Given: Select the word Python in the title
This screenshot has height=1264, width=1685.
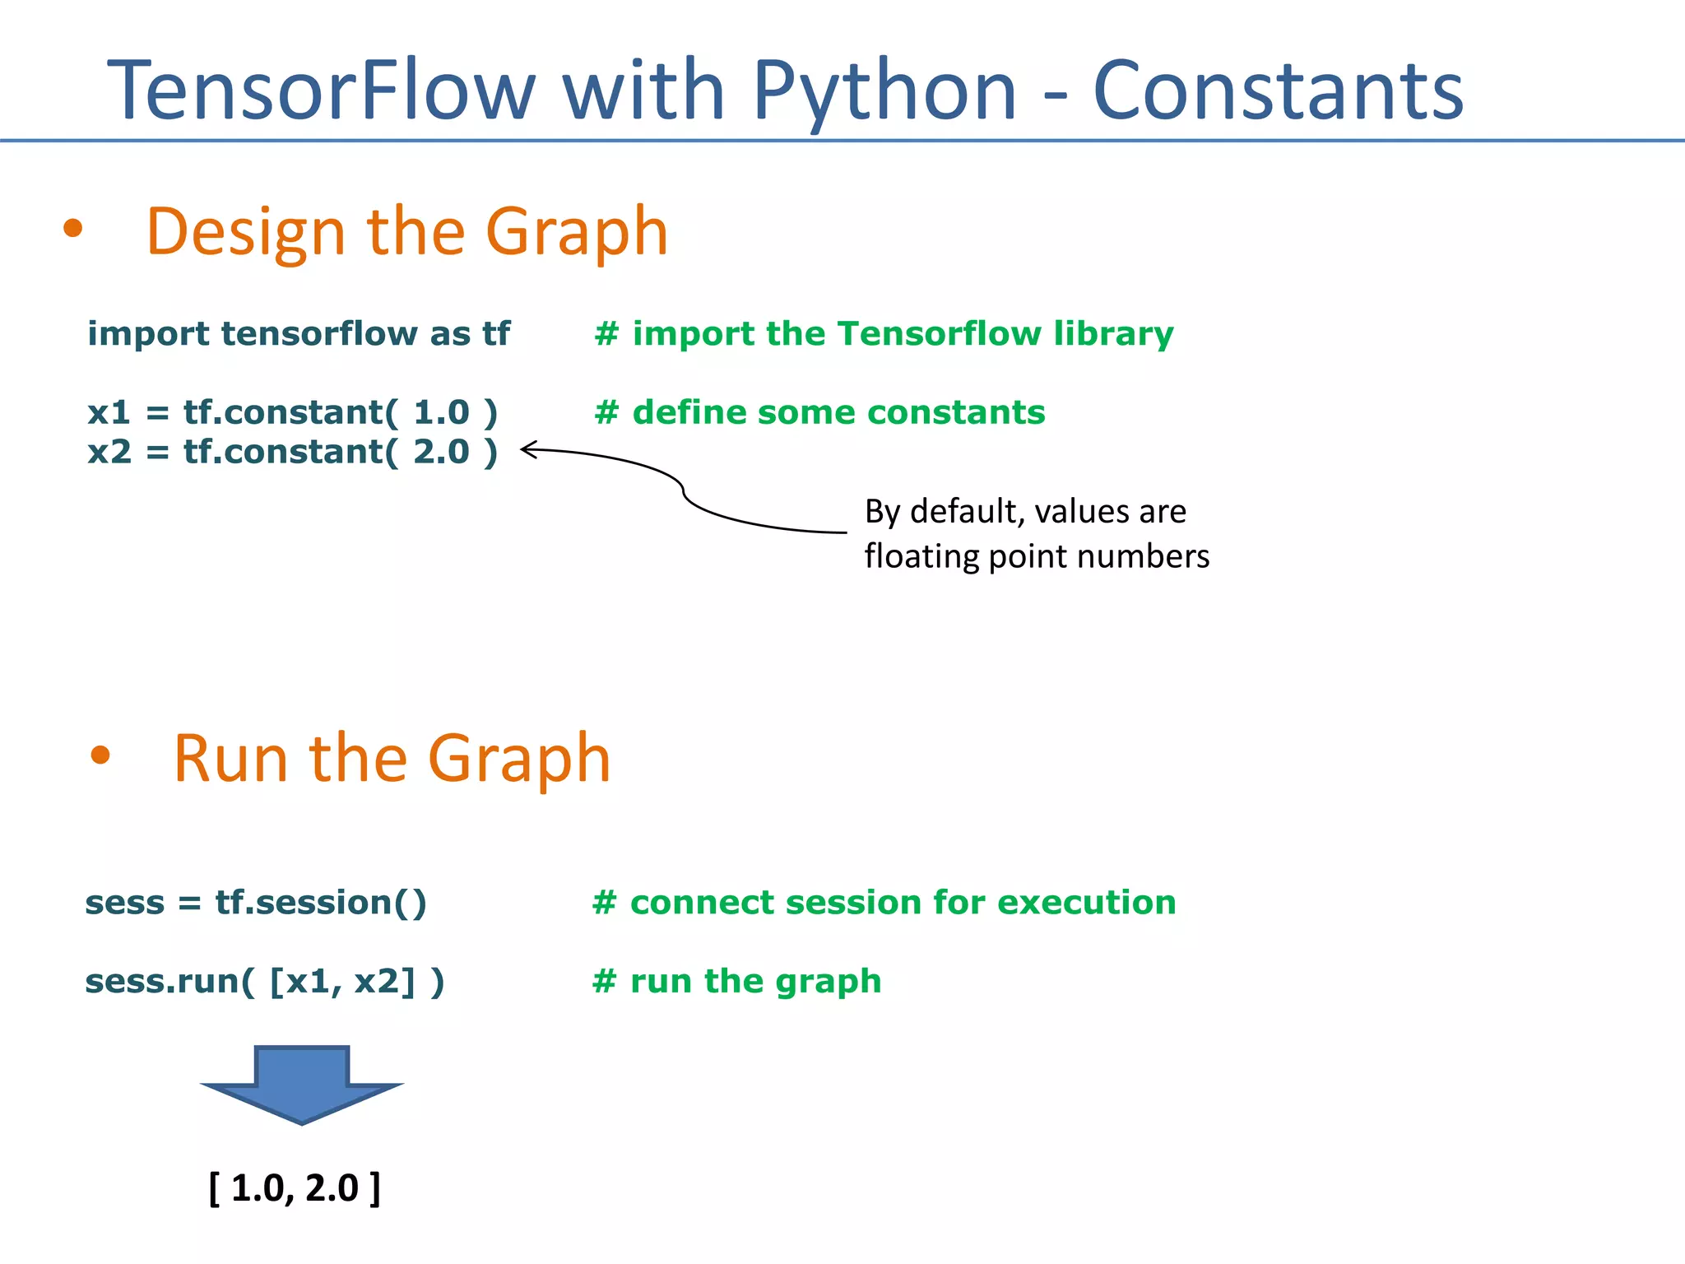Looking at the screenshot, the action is tap(884, 92).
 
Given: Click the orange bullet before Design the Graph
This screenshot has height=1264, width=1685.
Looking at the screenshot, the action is tap(73, 229).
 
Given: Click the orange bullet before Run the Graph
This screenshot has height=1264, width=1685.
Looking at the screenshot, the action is tap(100, 755).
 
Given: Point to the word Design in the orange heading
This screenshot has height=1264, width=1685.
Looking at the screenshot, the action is tap(245, 233).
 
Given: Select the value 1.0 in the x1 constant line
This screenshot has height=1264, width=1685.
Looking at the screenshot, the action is tap(441, 412).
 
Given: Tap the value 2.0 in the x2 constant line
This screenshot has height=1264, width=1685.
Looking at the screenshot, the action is tap(441, 452).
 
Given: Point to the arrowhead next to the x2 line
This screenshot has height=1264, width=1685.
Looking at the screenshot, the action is tap(527, 449).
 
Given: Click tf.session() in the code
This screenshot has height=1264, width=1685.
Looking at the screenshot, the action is tap(321, 903).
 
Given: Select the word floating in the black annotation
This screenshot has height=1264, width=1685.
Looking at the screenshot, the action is tap(921, 557).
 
